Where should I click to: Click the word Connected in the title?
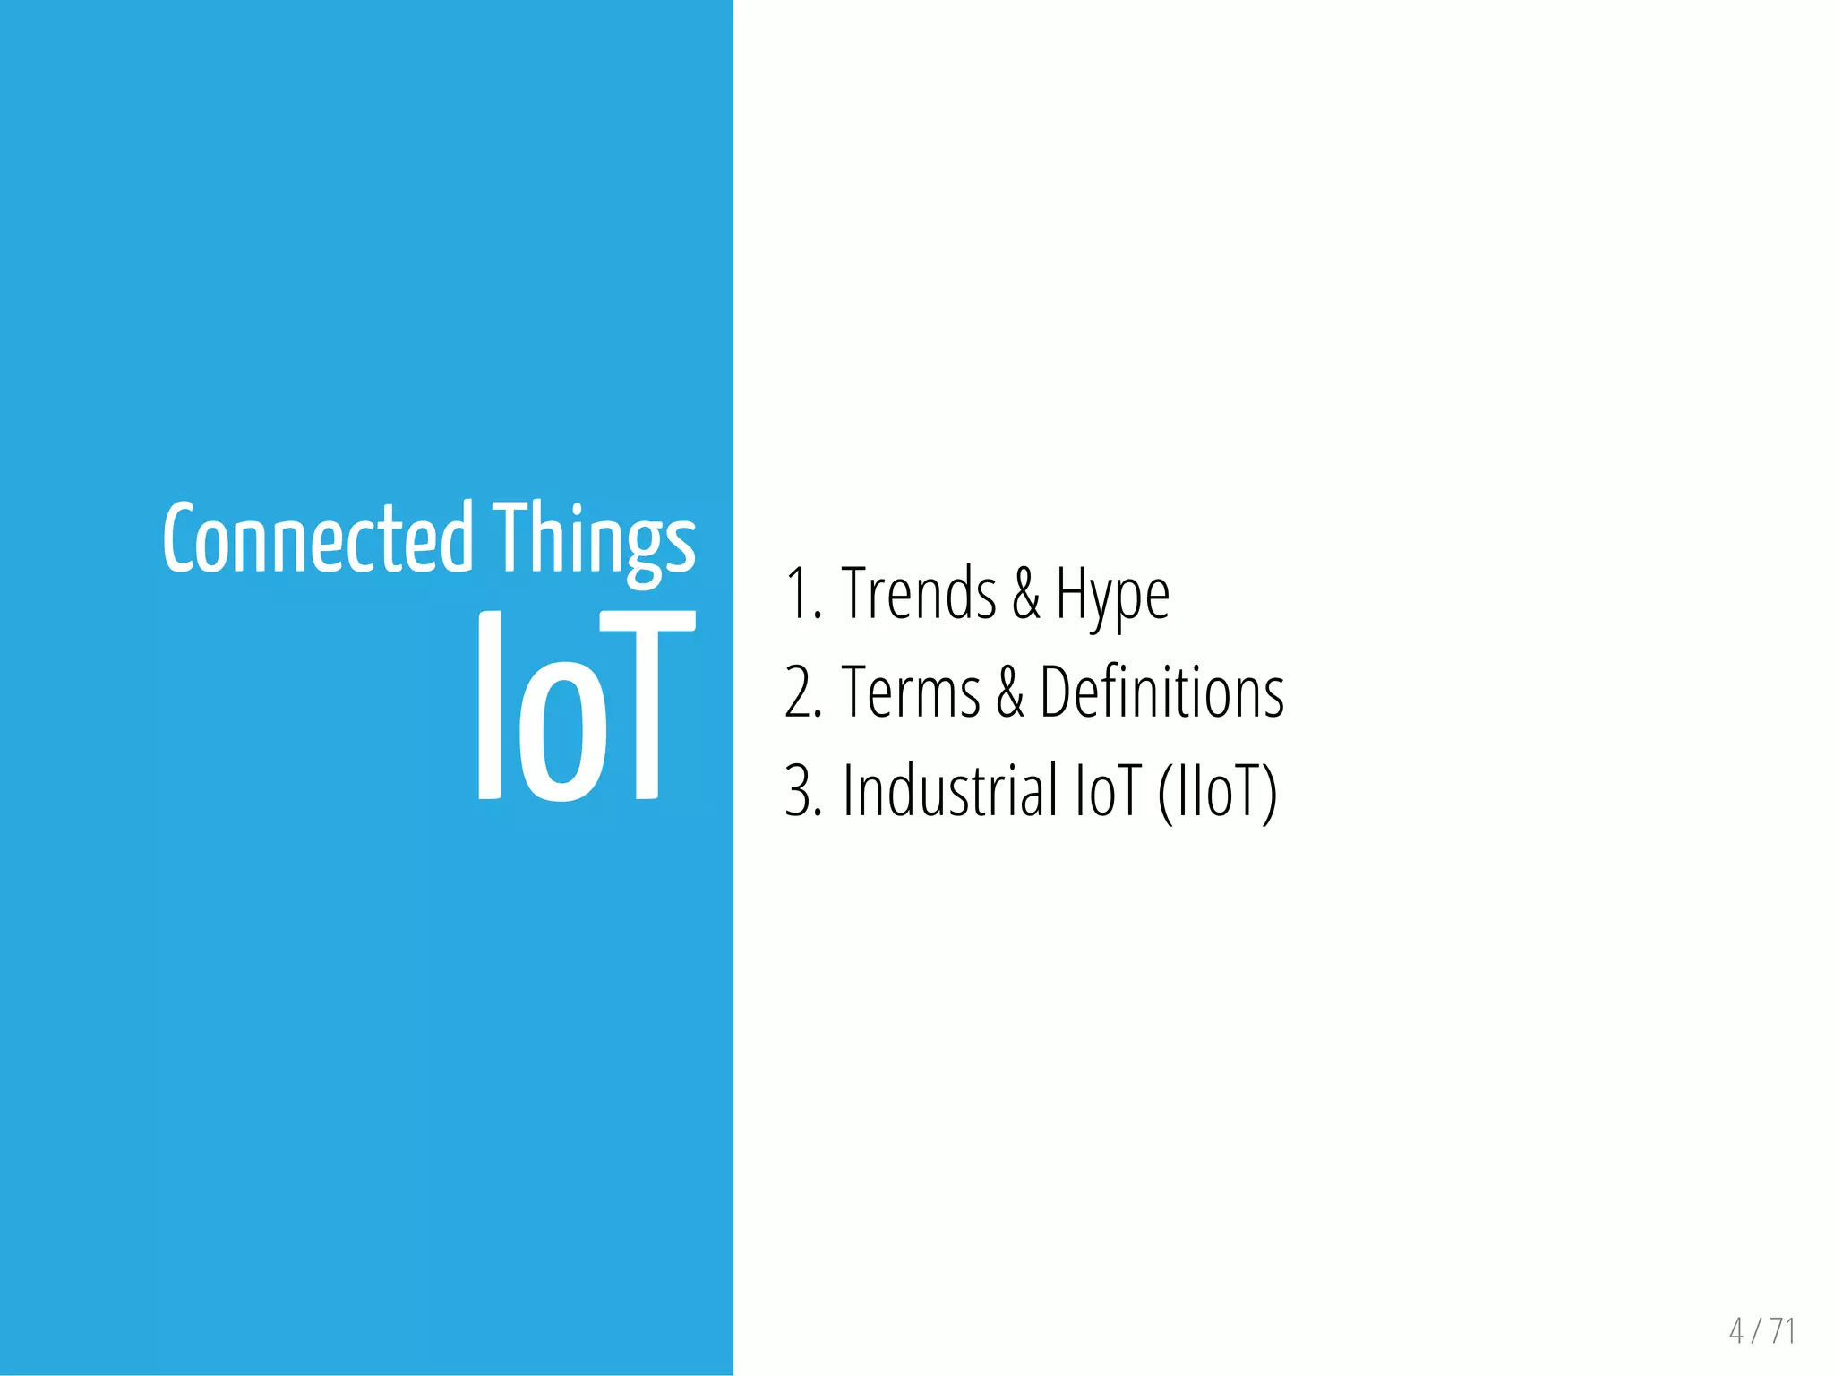point(318,538)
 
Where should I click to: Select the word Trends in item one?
point(919,593)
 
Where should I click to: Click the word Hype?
point(1112,595)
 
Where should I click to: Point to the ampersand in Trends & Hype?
point(1026,594)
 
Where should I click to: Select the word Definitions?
point(1161,692)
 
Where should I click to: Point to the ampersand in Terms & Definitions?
point(1010,693)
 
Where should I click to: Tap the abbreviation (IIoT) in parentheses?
point(1217,792)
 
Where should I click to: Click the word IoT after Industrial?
point(1108,791)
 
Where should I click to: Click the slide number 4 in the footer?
point(1736,1331)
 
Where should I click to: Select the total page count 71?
point(1782,1331)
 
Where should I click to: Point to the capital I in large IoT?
point(489,707)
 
